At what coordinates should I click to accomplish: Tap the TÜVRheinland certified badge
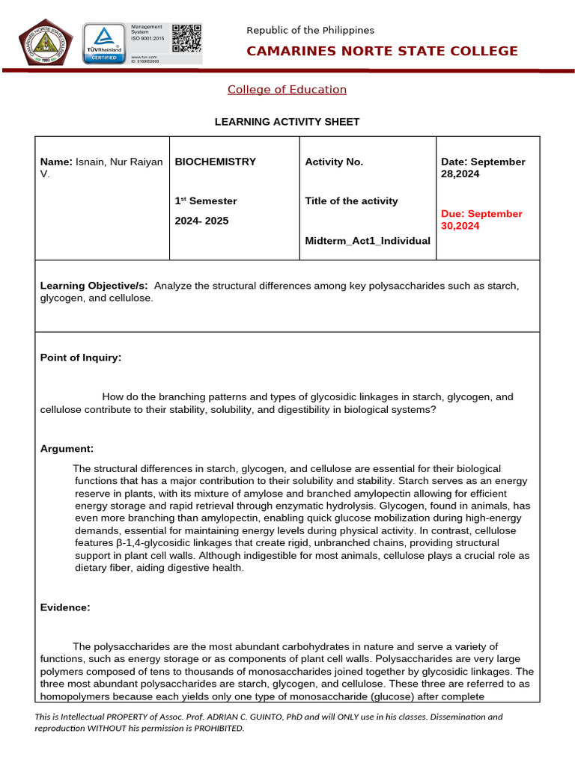point(104,44)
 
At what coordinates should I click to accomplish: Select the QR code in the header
point(186,38)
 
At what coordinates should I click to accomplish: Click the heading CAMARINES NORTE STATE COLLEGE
point(382,51)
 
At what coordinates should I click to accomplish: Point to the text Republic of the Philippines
point(310,30)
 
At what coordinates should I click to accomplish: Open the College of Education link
point(287,90)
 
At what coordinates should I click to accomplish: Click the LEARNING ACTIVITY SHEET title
point(287,121)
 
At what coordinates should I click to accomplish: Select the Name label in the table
point(55,162)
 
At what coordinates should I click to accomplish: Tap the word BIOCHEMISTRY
point(215,162)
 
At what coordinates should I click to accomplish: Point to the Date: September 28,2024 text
point(483,168)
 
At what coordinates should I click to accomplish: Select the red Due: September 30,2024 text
point(481,220)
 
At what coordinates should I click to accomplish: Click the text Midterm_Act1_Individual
point(368,241)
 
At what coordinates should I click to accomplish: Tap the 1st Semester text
point(206,200)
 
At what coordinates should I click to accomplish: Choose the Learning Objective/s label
point(94,286)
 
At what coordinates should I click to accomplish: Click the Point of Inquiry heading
point(80,358)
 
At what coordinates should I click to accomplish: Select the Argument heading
point(67,449)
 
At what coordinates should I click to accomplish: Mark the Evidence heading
point(65,607)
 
